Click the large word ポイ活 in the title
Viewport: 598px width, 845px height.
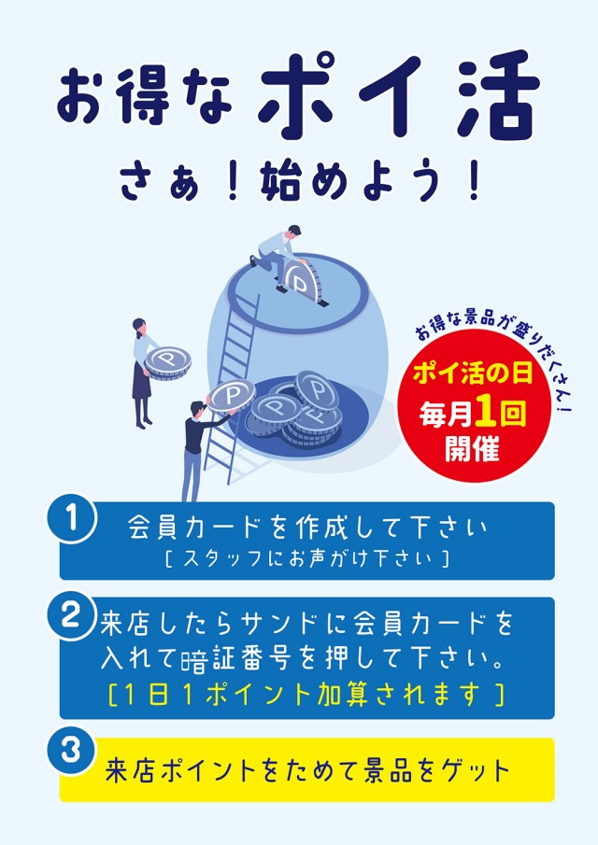pyautogui.click(x=399, y=96)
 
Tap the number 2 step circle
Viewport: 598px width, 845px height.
pyautogui.click(x=71, y=615)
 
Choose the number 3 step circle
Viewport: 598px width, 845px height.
pyautogui.click(x=71, y=750)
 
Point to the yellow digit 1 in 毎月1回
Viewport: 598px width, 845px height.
pyautogui.click(x=485, y=413)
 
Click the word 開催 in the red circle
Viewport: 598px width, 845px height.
pyautogui.click(x=472, y=448)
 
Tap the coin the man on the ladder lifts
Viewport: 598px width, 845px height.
pyautogui.click(x=232, y=397)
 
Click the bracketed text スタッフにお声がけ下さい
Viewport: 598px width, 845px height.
pyautogui.click(x=306, y=558)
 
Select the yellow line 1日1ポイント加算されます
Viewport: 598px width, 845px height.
pyautogui.click(x=306, y=694)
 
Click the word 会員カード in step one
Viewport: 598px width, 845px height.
pyautogui.click(x=198, y=527)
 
